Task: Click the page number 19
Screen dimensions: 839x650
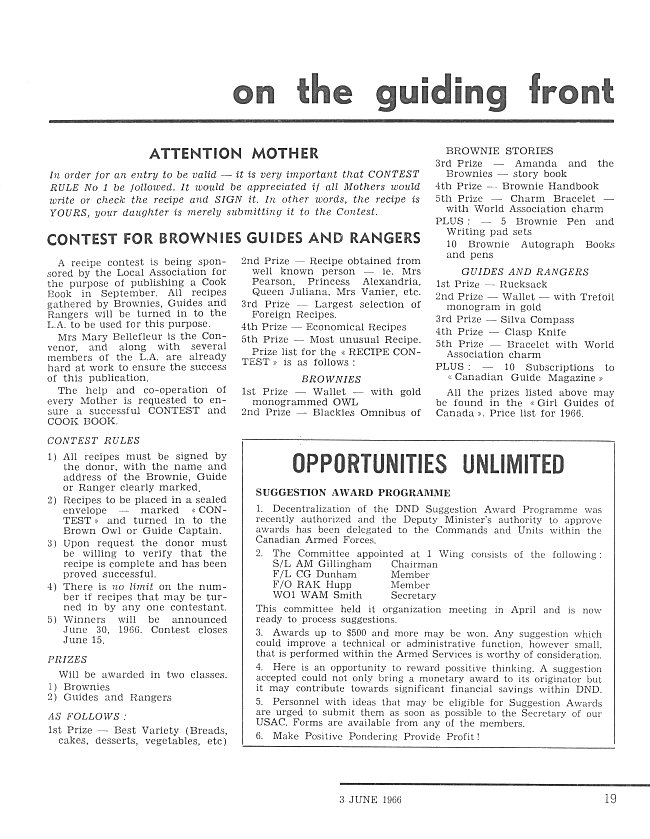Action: click(610, 798)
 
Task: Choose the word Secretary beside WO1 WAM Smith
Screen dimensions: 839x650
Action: click(415, 595)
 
